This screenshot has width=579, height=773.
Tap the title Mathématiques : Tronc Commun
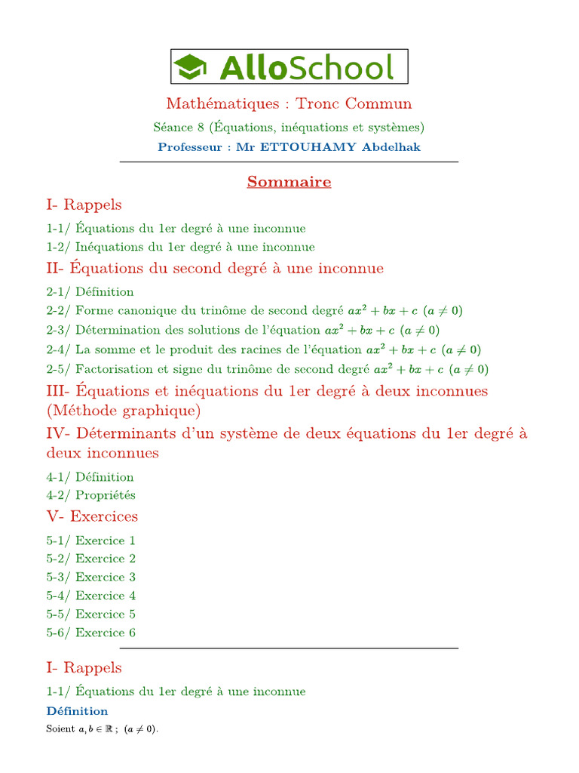coord(289,103)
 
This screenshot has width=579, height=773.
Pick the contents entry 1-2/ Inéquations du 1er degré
coord(180,247)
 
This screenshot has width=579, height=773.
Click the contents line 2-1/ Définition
coord(90,292)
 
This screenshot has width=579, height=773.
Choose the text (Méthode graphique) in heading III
coord(124,411)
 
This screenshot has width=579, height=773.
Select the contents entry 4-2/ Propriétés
coord(90,495)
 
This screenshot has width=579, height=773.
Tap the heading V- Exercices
coord(92,516)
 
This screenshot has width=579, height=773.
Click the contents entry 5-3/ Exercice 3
coord(90,577)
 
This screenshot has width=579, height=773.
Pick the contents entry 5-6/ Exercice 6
coord(90,633)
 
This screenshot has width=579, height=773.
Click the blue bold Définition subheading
coord(77,711)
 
